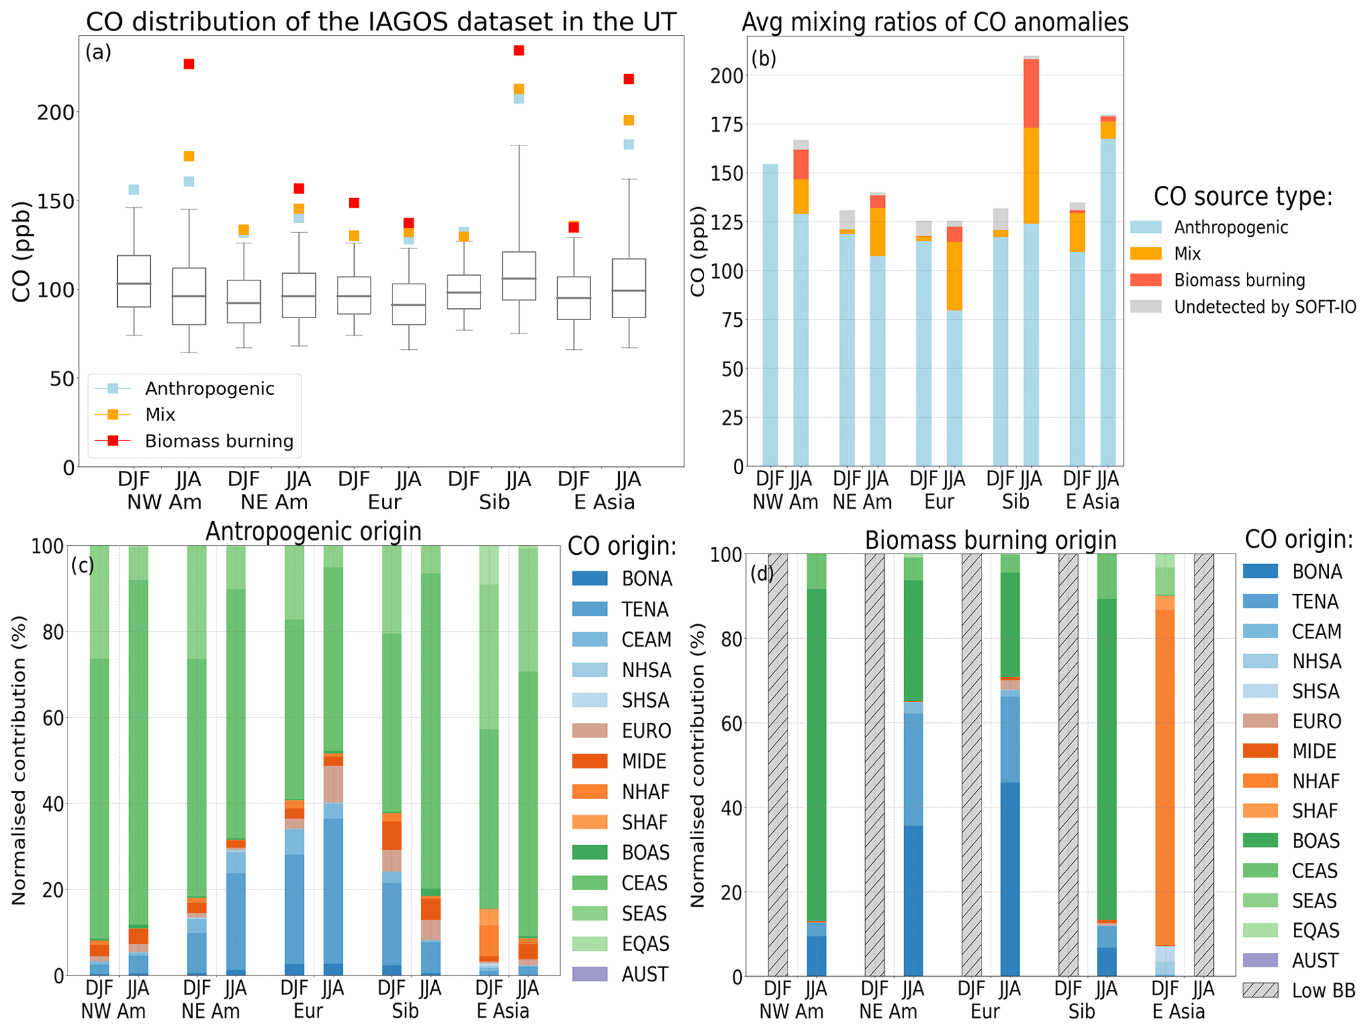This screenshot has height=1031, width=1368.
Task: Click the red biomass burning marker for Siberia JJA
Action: pos(519,50)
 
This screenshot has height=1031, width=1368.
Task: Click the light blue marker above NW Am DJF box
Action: pos(134,190)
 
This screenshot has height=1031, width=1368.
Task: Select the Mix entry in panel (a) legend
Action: pos(160,415)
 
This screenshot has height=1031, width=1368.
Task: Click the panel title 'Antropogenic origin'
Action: pos(313,531)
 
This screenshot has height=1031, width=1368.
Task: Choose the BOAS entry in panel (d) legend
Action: pos(1316,841)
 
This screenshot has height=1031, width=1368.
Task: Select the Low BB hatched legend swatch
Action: pos(1259,990)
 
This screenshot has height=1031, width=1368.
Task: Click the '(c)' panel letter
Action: pos(83,566)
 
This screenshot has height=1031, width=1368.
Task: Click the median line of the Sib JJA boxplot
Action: pos(519,278)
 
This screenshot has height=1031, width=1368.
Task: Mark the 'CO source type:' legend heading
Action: pos(1242,196)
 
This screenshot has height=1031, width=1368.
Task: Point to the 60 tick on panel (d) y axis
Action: pos(721,723)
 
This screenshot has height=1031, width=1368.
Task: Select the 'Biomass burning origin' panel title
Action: pos(990,540)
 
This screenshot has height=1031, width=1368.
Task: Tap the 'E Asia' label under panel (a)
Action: pos(604,503)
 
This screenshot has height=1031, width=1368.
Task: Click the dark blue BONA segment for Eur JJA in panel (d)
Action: pos(1010,880)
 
